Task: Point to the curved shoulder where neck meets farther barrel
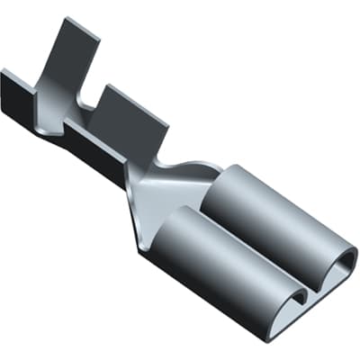pos(202,171)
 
